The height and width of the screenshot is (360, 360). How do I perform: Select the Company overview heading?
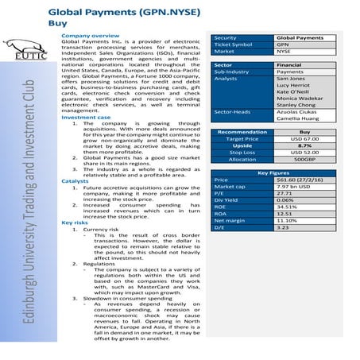tap(91, 37)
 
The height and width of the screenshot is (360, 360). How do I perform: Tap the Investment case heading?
tap(87, 117)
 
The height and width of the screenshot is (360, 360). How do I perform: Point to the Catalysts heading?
tap(75, 181)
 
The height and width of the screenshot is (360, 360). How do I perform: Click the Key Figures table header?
tap(273, 172)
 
